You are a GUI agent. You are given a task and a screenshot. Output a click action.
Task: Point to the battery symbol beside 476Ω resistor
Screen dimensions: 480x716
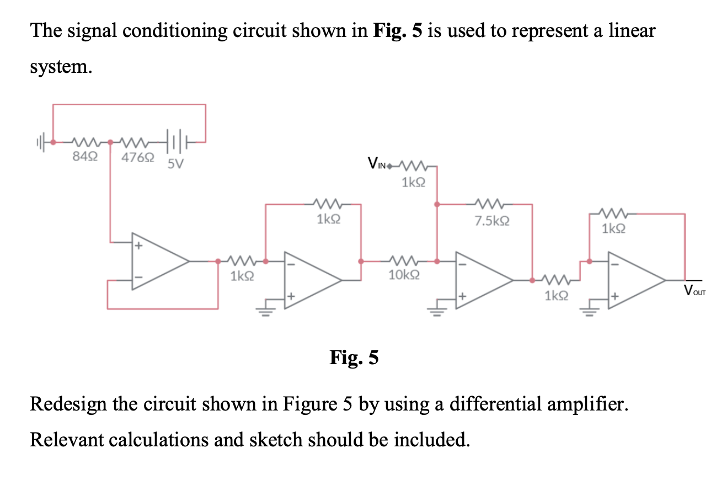pos(176,142)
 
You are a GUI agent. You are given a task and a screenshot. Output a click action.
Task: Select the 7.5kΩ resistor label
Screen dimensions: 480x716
pos(491,222)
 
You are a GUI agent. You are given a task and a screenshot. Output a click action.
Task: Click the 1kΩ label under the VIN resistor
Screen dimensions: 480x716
pos(413,182)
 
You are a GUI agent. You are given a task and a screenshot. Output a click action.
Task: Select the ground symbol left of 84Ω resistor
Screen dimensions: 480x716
pos(40,142)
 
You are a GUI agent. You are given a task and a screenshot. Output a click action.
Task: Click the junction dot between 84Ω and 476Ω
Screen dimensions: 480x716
pos(110,142)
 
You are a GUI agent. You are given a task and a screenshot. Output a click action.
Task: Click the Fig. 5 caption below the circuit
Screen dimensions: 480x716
pos(354,358)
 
